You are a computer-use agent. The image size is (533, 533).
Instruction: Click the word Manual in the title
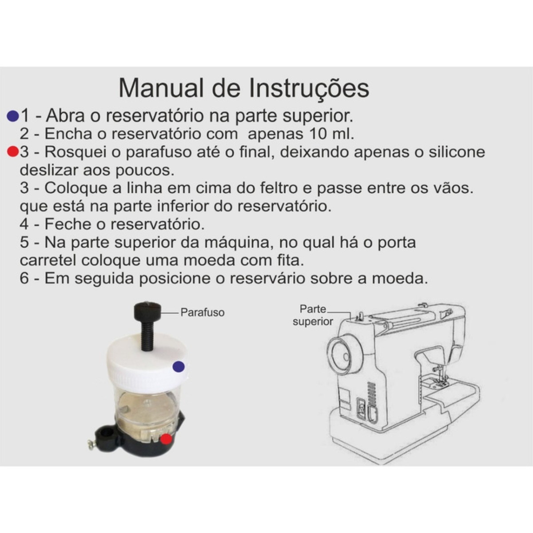click(x=161, y=88)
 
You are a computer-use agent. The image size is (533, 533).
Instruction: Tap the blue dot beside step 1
click(x=13, y=116)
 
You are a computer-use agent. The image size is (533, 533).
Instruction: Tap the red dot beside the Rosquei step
click(x=13, y=151)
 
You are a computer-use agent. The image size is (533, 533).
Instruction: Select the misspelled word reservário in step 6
click(x=267, y=278)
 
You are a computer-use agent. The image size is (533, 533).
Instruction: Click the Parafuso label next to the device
click(x=203, y=313)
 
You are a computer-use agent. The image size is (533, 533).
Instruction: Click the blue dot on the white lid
click(x=179, y=367)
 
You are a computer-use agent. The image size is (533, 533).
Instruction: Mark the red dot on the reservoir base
click(x=166, y=439)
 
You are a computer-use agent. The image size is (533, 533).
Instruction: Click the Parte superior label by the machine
click(x=313, y=315)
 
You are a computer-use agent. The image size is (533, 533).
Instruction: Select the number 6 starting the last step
click(x=24, y=278)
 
